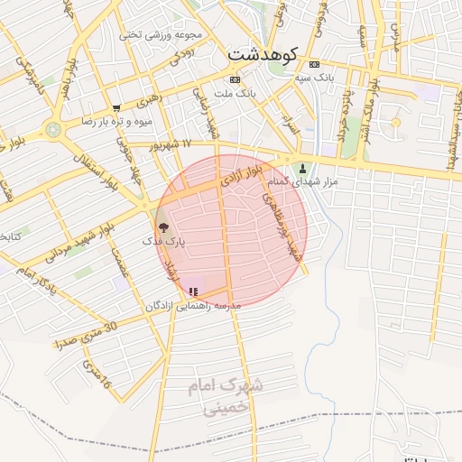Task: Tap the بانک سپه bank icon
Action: tap(314, 65)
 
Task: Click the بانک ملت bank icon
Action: tap(235, 79)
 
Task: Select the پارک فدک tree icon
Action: tap(163, 228)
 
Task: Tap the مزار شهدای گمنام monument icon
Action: tap(303, 168)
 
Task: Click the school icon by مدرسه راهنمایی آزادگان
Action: tap(193, 291)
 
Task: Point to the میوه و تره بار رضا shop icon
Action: tap(116, 108)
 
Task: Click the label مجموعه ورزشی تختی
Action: tap(161, 34)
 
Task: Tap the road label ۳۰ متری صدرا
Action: tap(86, 336)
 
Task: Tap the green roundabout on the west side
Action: tap(53, 129)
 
